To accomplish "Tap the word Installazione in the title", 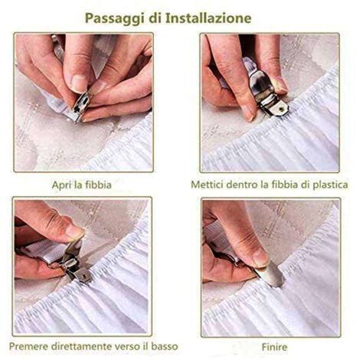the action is pos(208,18).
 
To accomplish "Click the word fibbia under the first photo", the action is pos(99,185).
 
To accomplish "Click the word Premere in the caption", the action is pos(28,346).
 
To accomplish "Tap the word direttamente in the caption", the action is pos(81,346).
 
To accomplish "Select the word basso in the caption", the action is pos(165,346).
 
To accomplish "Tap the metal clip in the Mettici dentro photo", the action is pos(266,94).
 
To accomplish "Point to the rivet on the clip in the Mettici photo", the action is pos(281,109).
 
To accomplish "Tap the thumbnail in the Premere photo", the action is pos(74,231).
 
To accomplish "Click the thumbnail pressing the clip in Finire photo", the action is pos(259,257).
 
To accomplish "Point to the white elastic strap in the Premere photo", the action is pos(46,253).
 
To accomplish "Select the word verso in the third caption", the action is pos(126,347).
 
